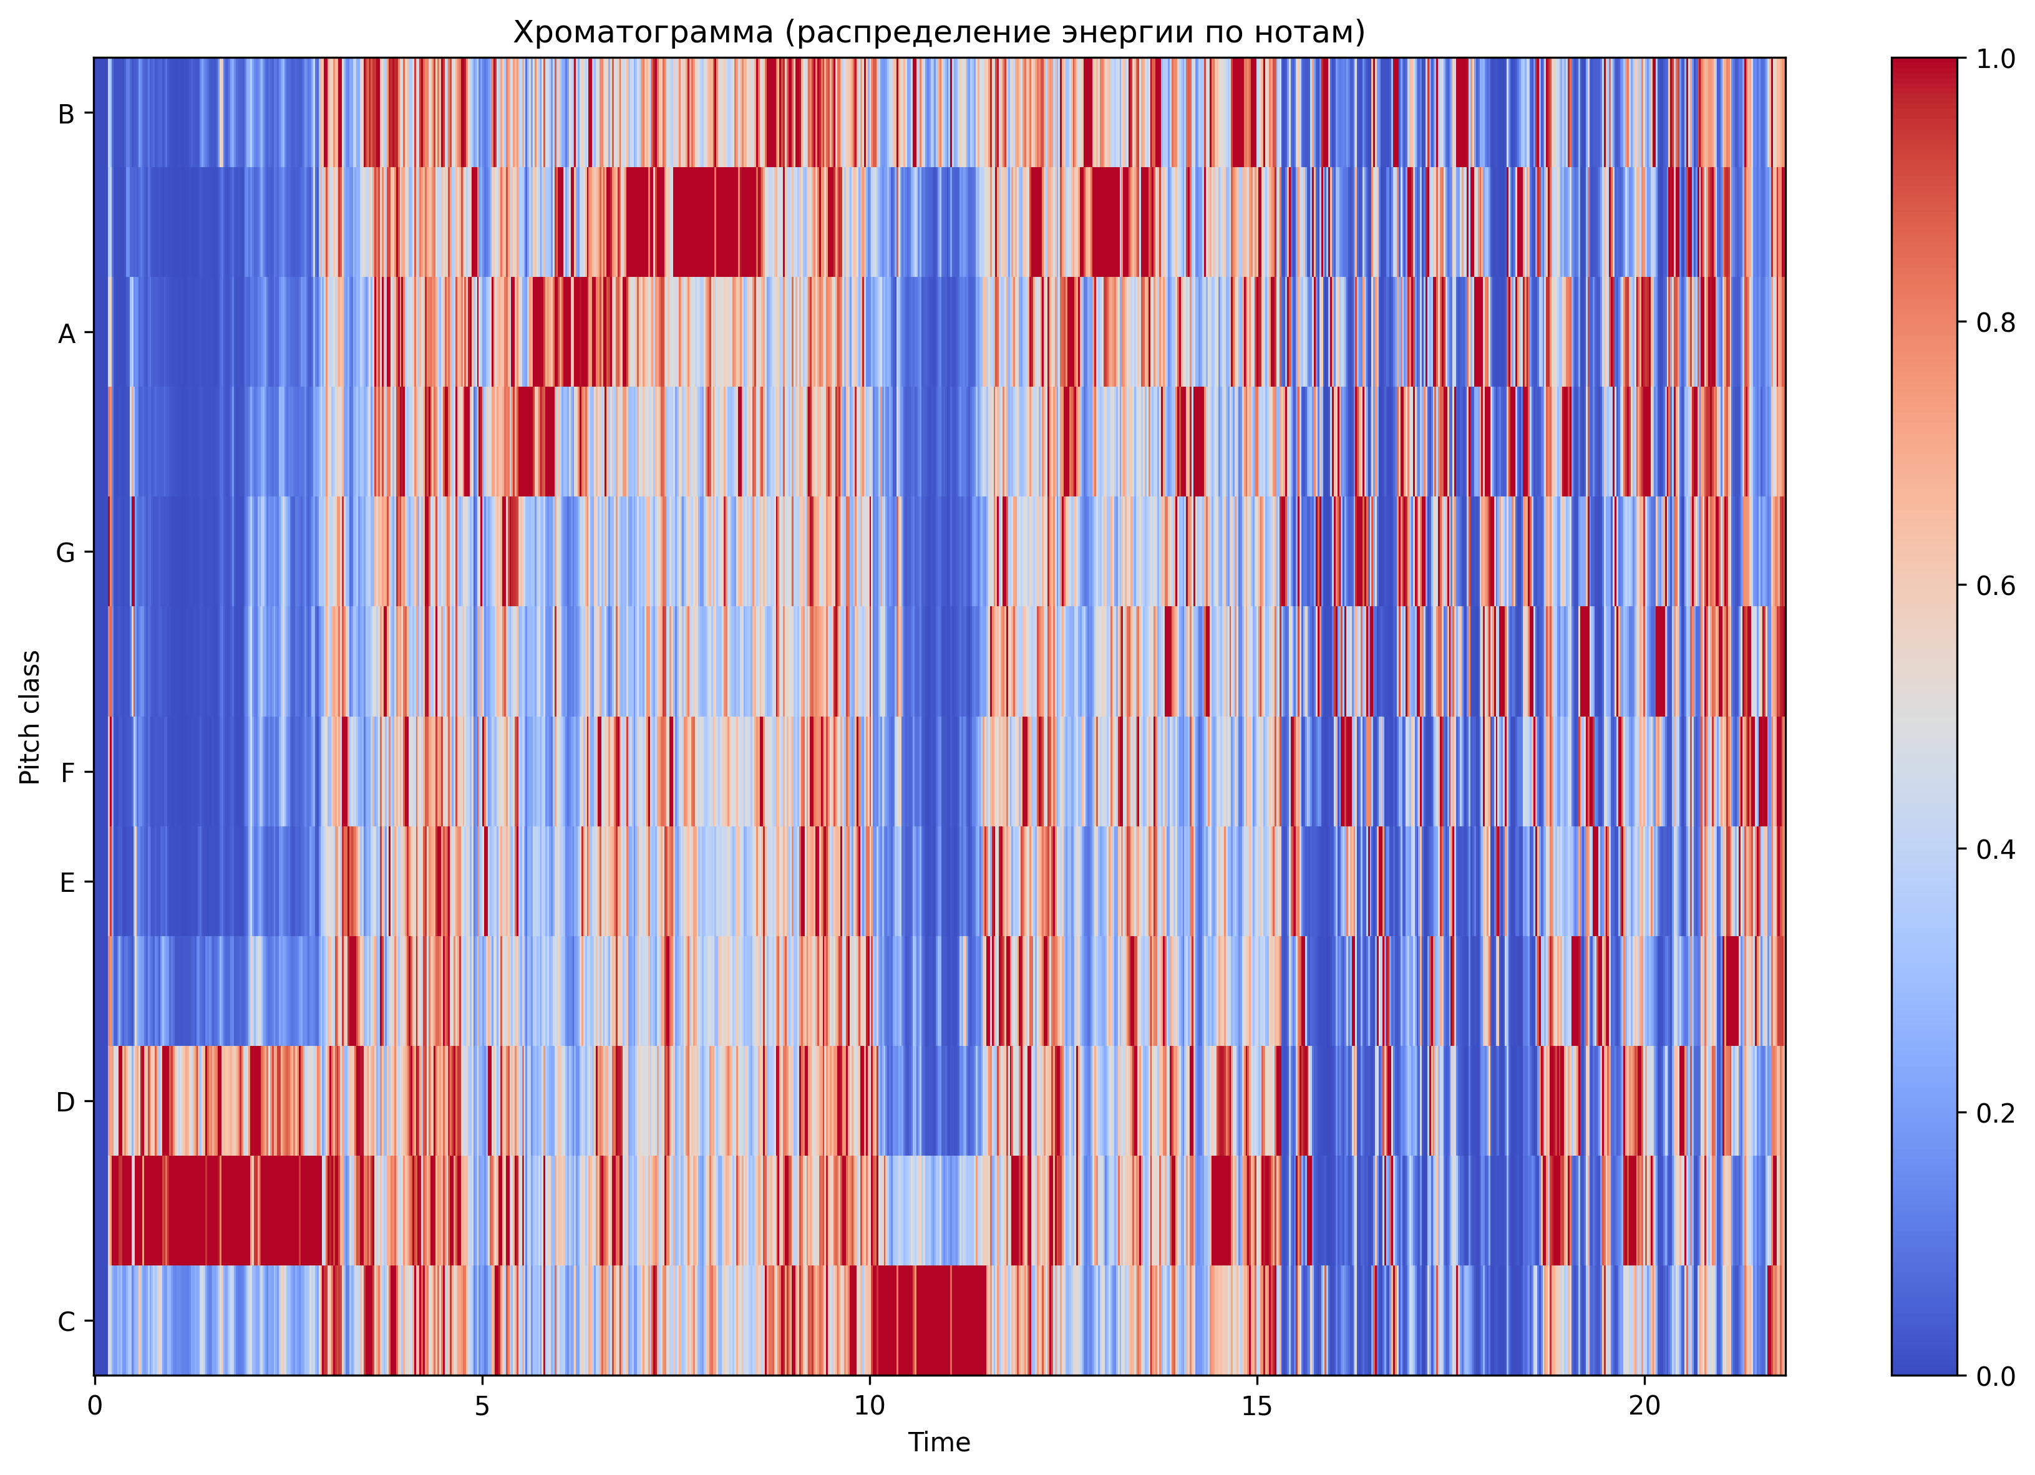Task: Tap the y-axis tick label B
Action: [66, 114]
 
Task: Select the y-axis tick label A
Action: [66, 334]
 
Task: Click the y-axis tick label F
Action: [66, 773]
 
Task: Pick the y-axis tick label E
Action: [66, 883]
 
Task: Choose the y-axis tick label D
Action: [66, 1102]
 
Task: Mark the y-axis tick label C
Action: [66, 1322]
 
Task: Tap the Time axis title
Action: [938, 1443]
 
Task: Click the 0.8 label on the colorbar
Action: [1996, 322]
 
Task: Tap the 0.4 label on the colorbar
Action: [1996, 849]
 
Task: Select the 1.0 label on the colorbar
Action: [1996, 59]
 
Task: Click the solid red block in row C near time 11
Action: [930, 1319]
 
